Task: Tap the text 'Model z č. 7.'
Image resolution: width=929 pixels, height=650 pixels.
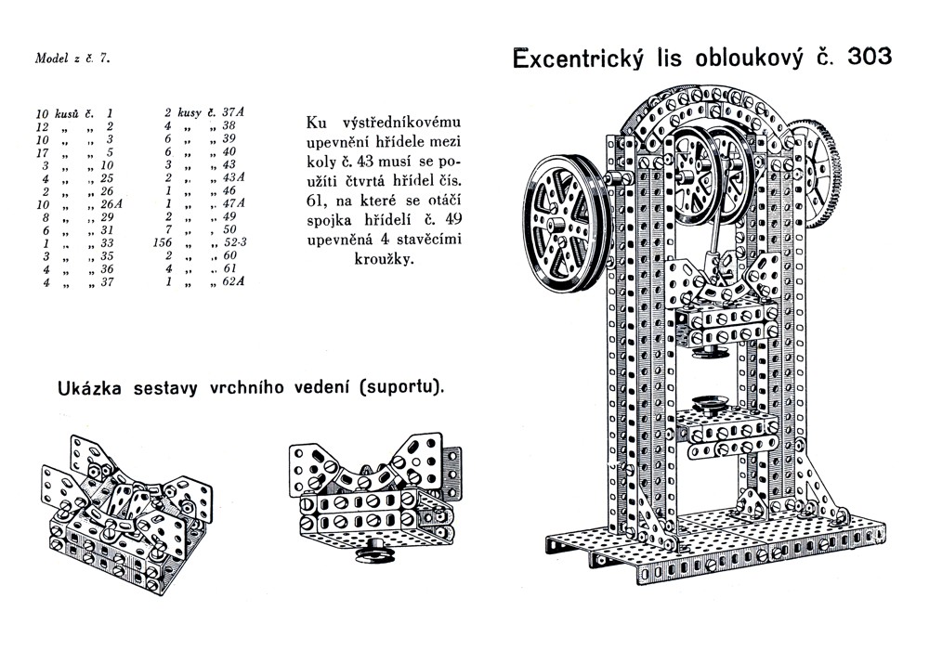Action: (x=72, y=58)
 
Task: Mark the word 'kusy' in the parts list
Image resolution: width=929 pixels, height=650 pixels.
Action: (x=183, y=112)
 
